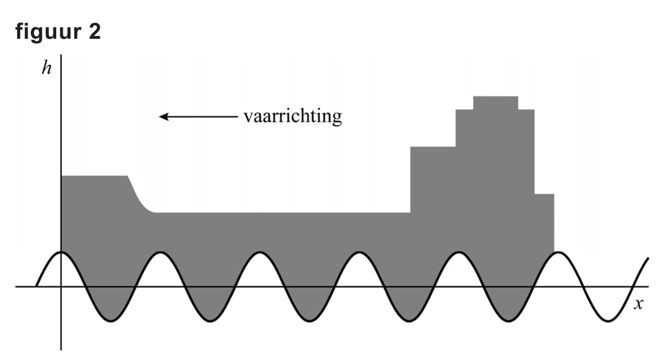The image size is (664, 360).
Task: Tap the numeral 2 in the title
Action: tap(94, 32)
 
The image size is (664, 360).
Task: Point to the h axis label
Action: tap(46, 69)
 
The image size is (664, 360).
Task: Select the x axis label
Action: tap(639, 304)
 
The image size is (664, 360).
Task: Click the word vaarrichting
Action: tap(293, 116)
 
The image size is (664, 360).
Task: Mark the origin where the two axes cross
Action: tap(61, 286)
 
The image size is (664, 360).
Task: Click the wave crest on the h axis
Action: tap(61, 252)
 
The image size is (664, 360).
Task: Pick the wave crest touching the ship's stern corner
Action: tap(558, 252)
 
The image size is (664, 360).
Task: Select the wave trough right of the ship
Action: tap(608, 321)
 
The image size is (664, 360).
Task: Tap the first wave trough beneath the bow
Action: tap(111, 321)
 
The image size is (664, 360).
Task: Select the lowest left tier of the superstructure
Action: tap(432, 178)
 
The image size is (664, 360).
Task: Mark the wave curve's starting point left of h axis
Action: tap(36, 286)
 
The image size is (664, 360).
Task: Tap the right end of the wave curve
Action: tap(648, 258)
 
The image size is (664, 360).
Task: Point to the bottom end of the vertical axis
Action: tap(61, 349)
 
